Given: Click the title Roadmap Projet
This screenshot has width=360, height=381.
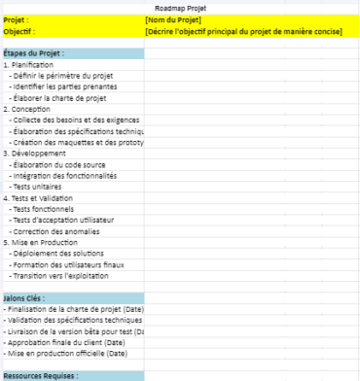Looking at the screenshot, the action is pyautogui.click(x=179, y=8).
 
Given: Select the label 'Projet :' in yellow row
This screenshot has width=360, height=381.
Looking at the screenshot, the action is pyautogui.click(x=17, y=19).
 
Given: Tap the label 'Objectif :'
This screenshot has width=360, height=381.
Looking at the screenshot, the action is pyautogui.click(x=19, y=30).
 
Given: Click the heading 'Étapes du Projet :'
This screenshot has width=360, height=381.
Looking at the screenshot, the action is pyautogui.click(x=33, y=52).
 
